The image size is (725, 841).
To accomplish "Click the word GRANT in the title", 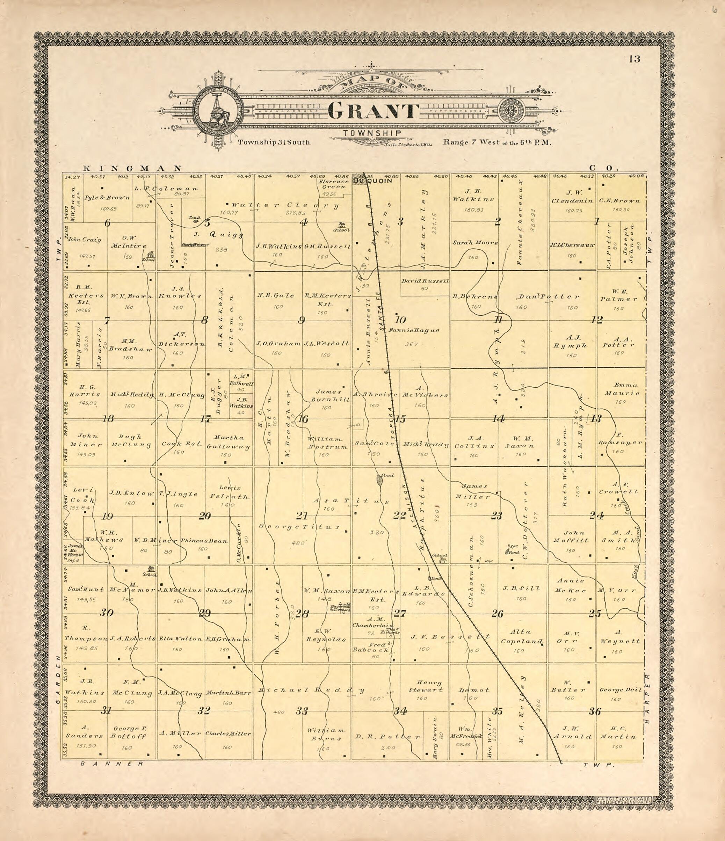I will coord(373,111).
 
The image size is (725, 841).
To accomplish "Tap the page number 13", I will coord(635,59).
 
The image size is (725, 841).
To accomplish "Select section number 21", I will coord(302,516).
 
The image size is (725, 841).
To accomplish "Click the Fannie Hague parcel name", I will coord(413,330).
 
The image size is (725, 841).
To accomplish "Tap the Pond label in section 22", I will coord(387,475).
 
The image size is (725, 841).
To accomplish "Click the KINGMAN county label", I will coord(132,168).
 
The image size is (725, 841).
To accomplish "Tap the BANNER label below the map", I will coord(112,763).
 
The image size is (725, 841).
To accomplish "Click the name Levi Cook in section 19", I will coord(83,495).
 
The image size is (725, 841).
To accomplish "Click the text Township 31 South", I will coord(274,142).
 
